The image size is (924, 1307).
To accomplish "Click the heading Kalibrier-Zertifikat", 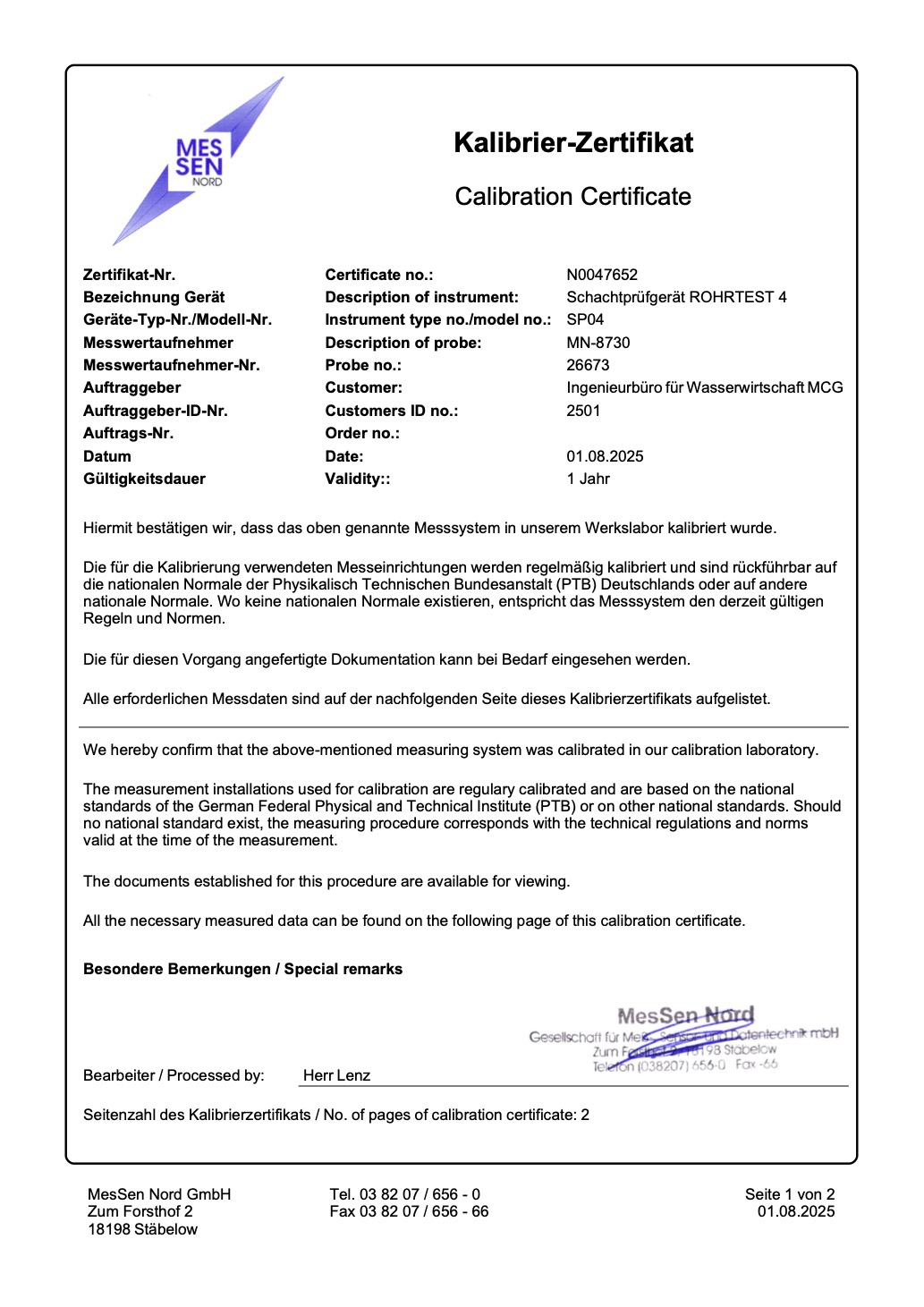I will [x=573, y=143].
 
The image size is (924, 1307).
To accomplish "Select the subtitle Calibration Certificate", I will [x=572, y=197].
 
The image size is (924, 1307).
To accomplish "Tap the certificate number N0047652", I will [x=602, y=275].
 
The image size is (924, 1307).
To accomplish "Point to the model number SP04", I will [x=585, y=319].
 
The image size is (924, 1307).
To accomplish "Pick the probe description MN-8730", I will [x=598, y=343].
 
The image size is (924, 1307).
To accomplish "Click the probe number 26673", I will [x=588, y=365].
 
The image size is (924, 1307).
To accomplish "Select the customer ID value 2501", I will [x=583, y=411].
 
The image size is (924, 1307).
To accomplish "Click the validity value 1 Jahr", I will [x=588, y=479].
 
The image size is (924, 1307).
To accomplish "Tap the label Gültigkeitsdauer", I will [x=144, y=479].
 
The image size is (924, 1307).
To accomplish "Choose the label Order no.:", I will [x=362, y=433].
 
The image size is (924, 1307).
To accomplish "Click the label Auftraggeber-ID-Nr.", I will [x=155, y=411].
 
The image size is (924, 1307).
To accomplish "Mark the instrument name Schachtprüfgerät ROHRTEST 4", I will [x=676, y=297].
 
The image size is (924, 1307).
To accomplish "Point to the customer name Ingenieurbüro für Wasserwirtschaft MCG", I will [x=704, y=387].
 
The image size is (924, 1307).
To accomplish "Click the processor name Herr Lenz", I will [x=336, y=1075].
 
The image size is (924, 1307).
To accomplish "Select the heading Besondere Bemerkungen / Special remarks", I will [x=242, y=969].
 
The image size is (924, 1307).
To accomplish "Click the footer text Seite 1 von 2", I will [x=789, y=1194].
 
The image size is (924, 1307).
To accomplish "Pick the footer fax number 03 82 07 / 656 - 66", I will [x=409, y=1211].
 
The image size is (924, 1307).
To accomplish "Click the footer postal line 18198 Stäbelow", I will [x=142, y=1229].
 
